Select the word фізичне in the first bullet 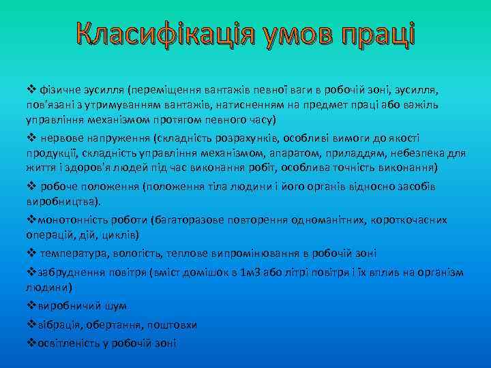point(60,90)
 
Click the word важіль point(424,105)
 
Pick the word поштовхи point(175,325)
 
